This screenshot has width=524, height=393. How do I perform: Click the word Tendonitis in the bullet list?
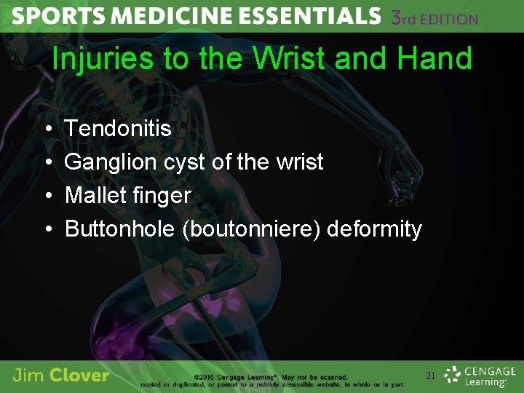(118, 129)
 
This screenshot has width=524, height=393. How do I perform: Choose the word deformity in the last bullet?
(374, 229)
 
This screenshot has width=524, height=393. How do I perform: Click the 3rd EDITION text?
(434, 18)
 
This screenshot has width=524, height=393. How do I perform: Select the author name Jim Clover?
(61, 376)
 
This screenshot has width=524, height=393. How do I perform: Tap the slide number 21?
(431, 376)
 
